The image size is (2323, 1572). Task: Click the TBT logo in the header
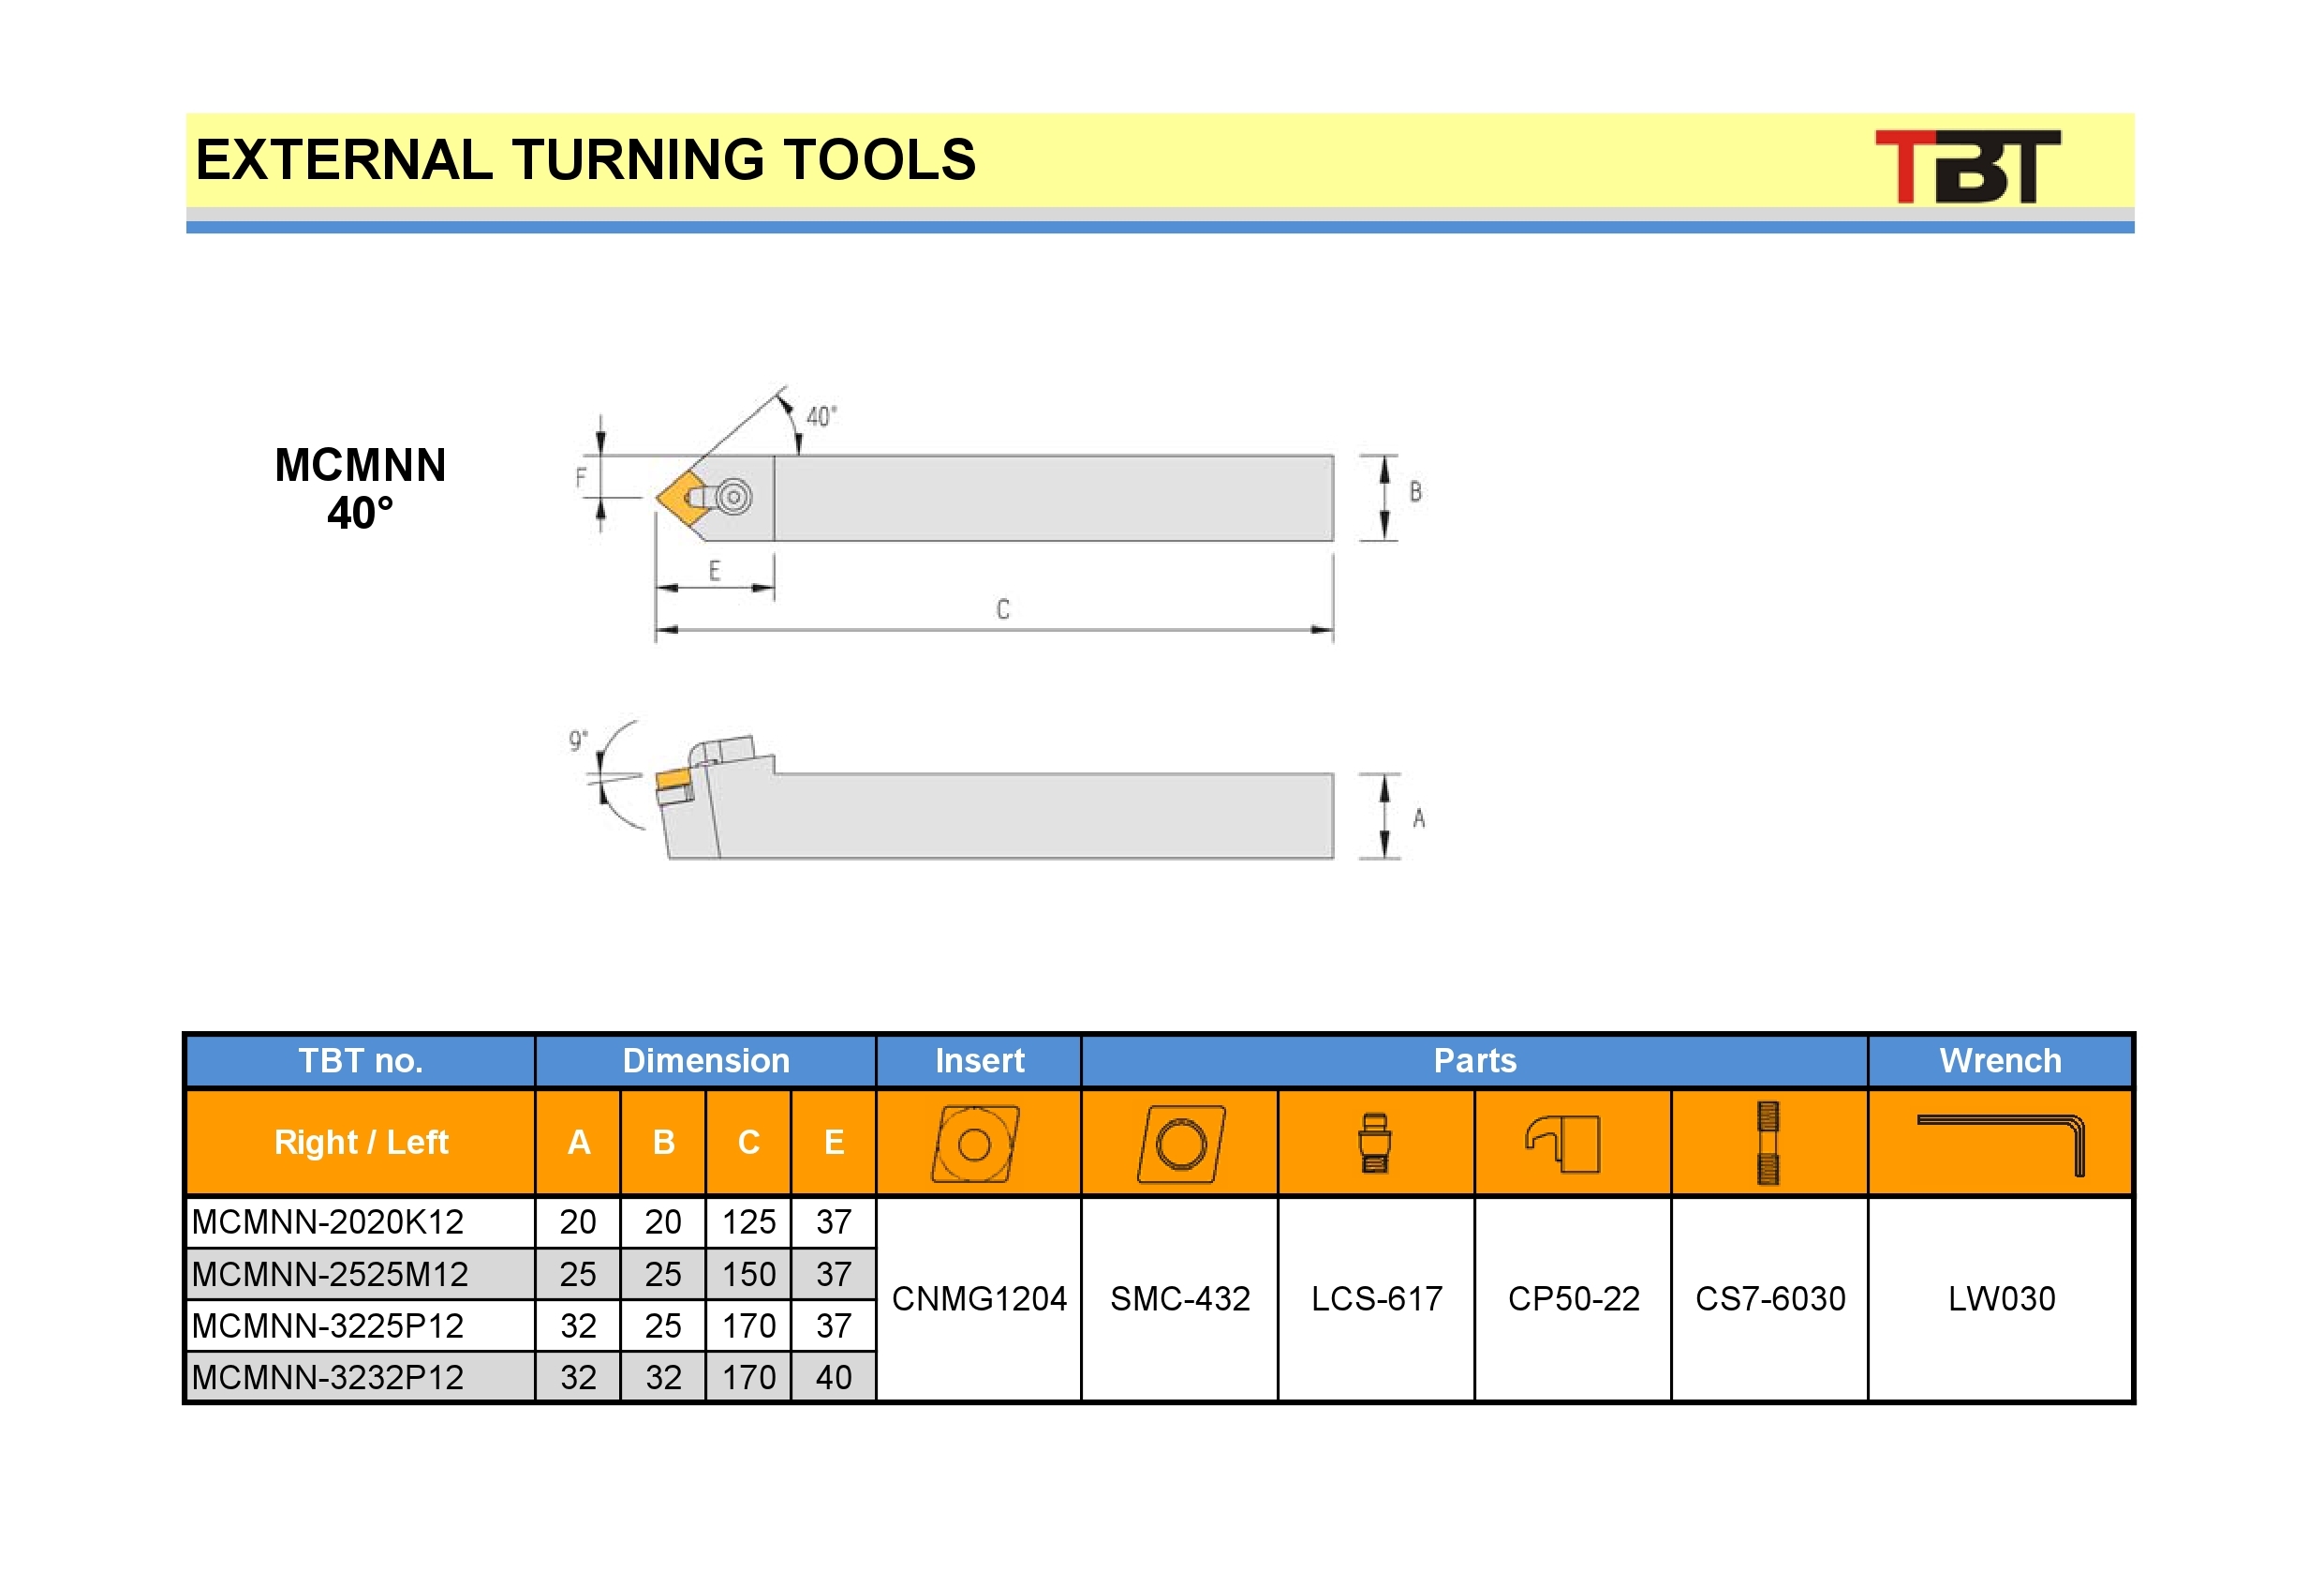1966,166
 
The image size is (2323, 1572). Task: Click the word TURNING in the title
639,160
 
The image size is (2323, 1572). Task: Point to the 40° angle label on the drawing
821,416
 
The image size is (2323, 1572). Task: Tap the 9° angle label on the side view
578,740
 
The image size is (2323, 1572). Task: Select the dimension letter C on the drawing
1002,609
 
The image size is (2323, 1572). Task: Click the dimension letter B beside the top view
1415,491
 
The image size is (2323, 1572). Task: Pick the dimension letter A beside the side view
1418,818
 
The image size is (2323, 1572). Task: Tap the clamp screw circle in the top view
733,497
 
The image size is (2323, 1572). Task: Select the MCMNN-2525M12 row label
330,1274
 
